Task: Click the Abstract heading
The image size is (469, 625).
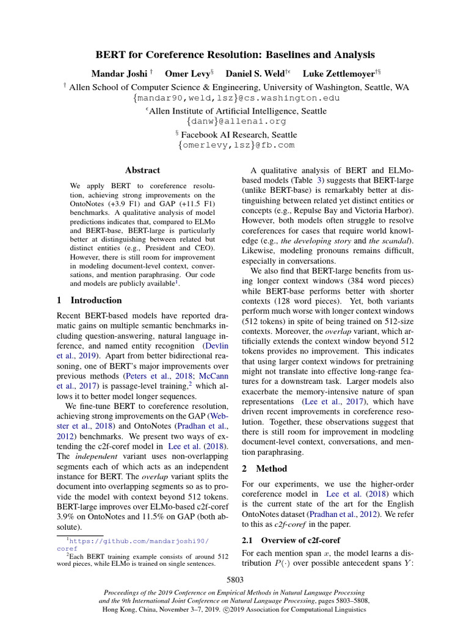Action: [x=142, y=170]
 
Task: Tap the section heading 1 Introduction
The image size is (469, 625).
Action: [x=89, y=300]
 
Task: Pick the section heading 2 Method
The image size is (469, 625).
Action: [x=264, y=469]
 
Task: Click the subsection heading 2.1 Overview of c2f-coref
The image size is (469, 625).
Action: [x=289, y=540]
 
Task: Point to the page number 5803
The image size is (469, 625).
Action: [x=235, y=580]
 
